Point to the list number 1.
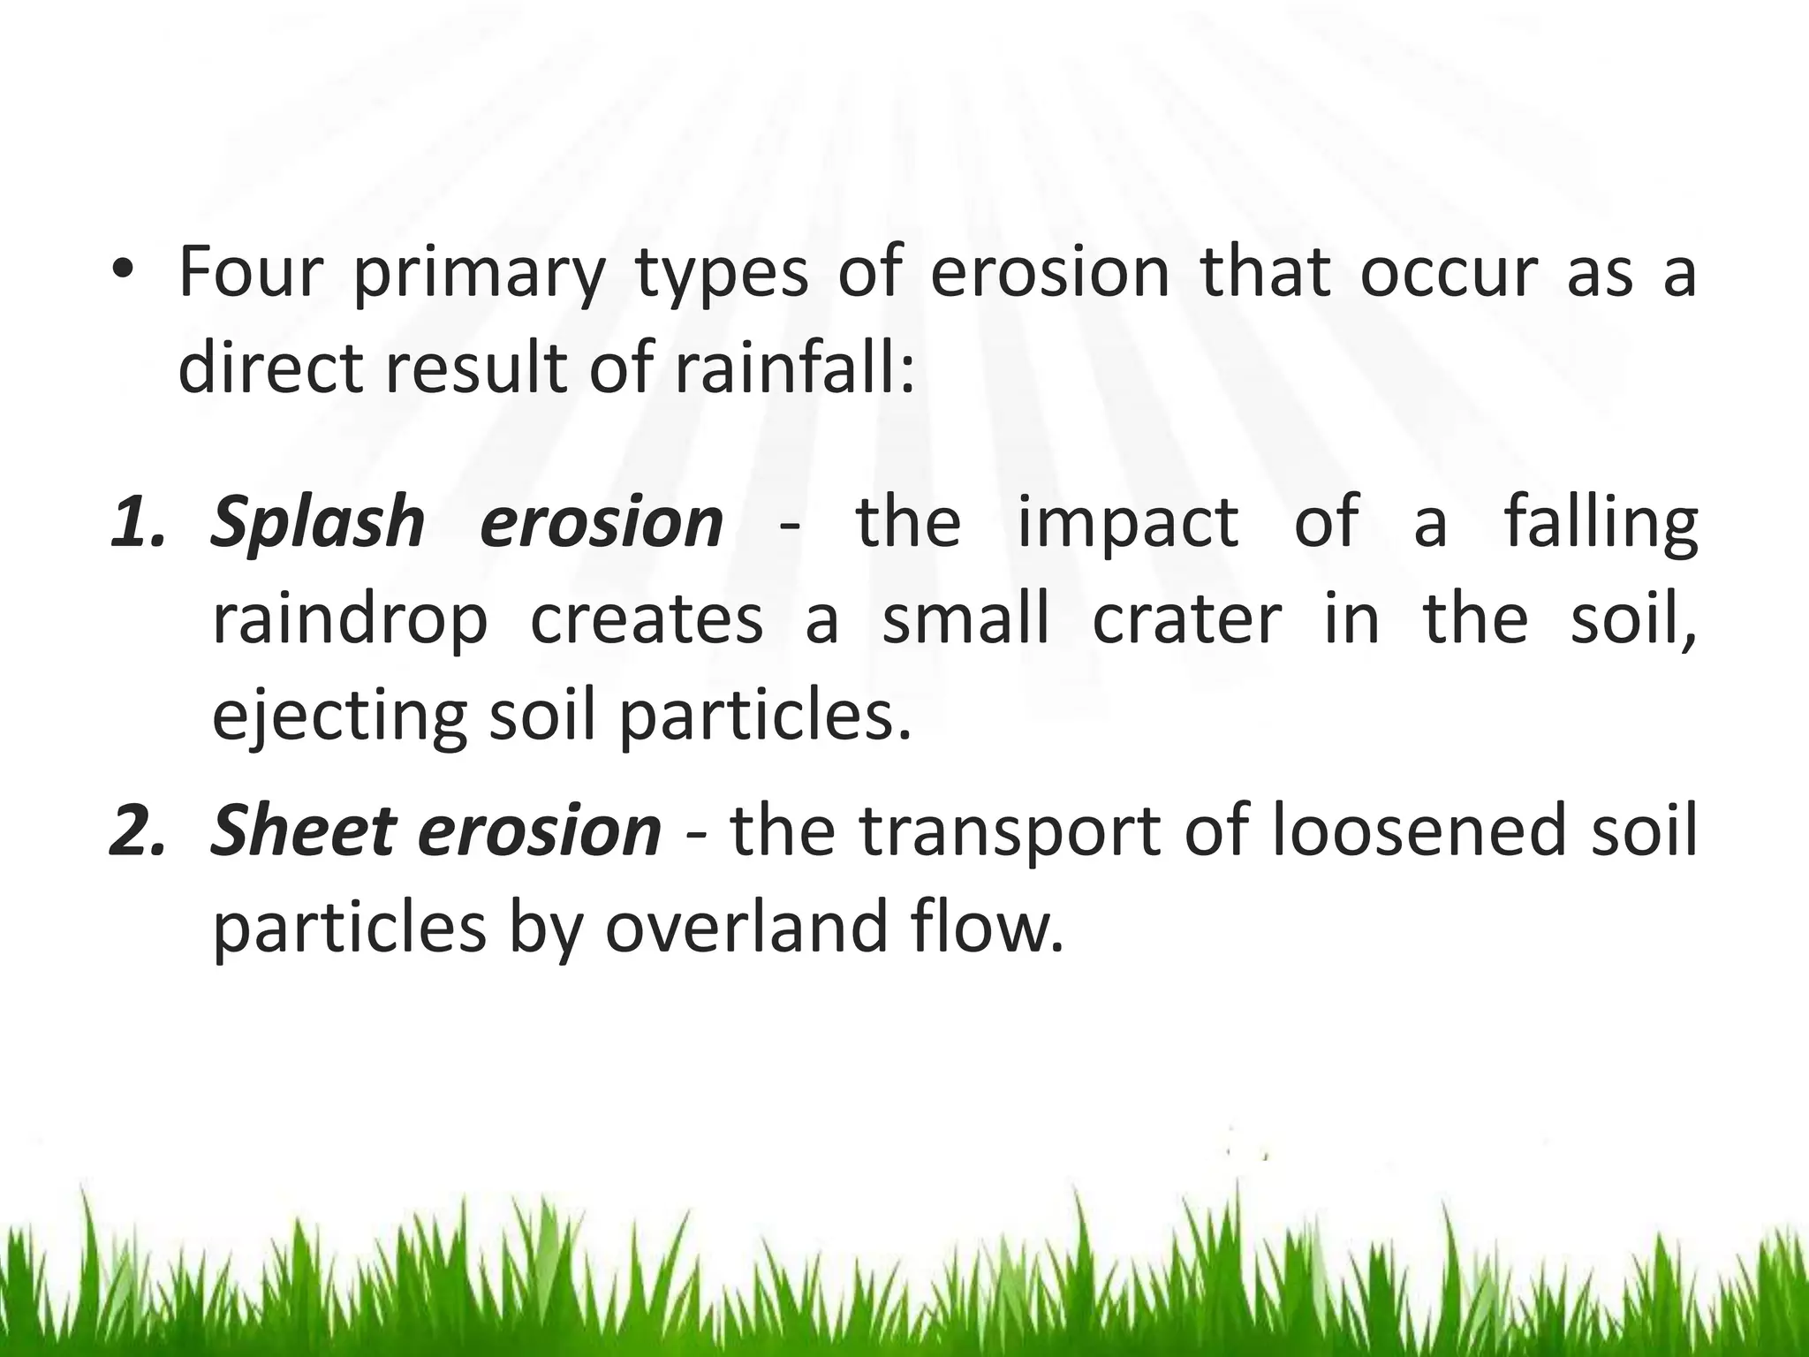click(137, 522)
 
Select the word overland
click(746, 928)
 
